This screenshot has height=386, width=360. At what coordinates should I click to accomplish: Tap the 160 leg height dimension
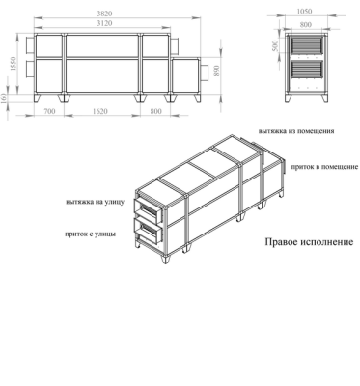pos(6,96)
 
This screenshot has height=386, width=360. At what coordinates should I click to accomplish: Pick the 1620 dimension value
pos(102,112)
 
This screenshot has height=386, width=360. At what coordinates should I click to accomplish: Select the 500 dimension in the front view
pos(275,44)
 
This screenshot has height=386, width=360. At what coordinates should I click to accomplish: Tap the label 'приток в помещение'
pos(311,167)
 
